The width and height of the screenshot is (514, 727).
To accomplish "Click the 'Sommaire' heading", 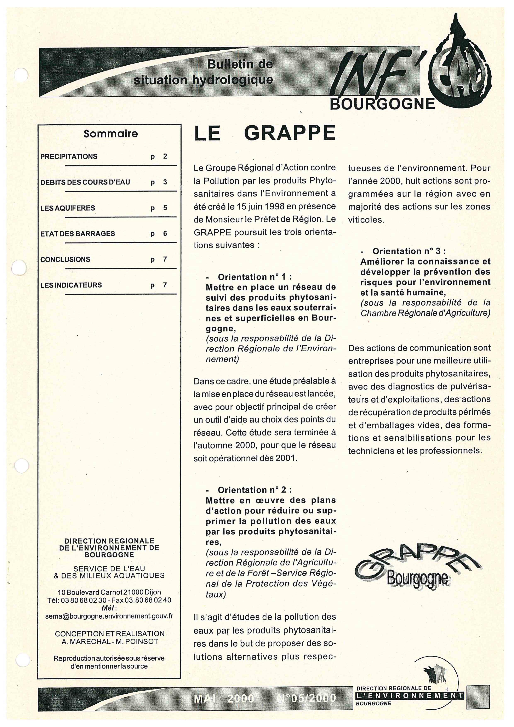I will (x=110, y=134).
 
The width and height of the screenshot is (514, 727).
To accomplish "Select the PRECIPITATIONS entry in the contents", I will (x=69, y=157).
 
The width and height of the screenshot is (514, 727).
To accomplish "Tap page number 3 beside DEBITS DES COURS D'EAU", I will (x=165, y=182).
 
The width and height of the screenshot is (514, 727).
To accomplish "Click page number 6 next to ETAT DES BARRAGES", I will (x=165, y=234).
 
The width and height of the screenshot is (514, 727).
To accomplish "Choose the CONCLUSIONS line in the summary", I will (x=65, y=259).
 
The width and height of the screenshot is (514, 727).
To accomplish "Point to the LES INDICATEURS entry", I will (x=71, y=285).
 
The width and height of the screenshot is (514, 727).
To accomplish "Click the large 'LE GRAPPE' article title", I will (x=265, y=133).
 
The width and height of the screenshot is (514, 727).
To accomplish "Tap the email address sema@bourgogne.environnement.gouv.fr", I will (x=109, y=616).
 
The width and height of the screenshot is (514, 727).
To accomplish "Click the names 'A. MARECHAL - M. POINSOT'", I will (x=109, y=642).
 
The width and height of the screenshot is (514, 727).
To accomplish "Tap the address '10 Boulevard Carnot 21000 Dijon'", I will (x=109, y=592).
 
